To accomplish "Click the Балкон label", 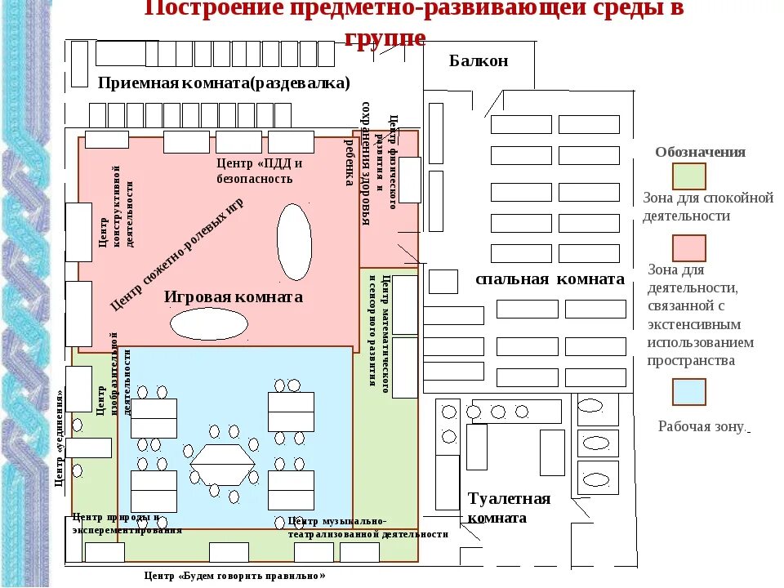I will pyautogui.click(x=479, y=61).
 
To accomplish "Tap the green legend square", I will pyautogui.click(x=688, y=176).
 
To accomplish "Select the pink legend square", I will pyautogui.click(x=688, y=247).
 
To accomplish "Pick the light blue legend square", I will pyautogui.click(x=688, y=392).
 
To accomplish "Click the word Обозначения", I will pyautogui.click(x=700, y=153).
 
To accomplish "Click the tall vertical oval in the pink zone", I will pyautogui.click(x=294, y=241).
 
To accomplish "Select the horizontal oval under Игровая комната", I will pyautogui.click(x=209, y=323).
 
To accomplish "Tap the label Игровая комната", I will pyautogui.click(x=233, y=297).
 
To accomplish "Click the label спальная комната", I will pyautogui.click(x=550, y=279).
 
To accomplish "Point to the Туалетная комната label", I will pyautogui.click(x=509, y=508).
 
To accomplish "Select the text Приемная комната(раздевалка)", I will pyautogui.click(x=223, y=83).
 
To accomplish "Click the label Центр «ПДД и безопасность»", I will pyautogui.click(x=259, y=171).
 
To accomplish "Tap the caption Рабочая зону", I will pyautogui.click(x=702, y=426).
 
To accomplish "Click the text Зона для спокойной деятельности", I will pyautogui.click(x=707, y=207).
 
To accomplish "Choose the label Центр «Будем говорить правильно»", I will pyautogui.click(x=234, y=576).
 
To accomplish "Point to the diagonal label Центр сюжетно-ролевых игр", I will pyautogui.click(x=176, y=255).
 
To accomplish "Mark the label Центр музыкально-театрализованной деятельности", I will pyautogui.click(x=367, y=528).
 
